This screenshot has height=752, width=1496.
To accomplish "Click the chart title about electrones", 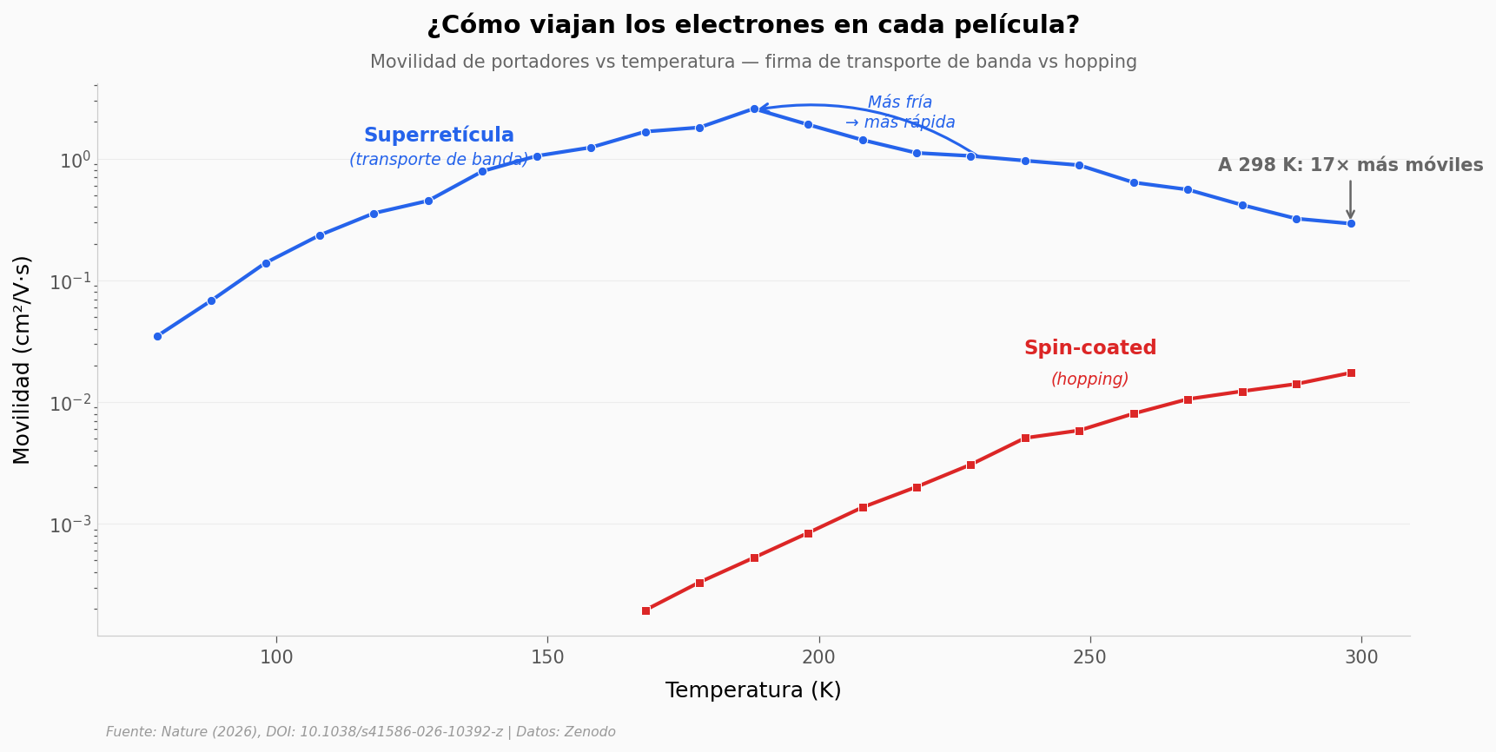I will pos(752,25).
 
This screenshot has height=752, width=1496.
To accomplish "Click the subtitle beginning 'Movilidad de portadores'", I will pos(752,63).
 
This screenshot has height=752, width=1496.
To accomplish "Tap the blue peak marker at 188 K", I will pos(754,109).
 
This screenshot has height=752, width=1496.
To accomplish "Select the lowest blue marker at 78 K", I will pos(157,336).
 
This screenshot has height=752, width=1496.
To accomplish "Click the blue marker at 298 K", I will pos(1350,223).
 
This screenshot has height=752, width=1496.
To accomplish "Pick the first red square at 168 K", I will pos(645,610).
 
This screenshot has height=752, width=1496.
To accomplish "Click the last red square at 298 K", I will pos(1350,373).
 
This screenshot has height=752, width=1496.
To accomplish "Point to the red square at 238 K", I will pos(1025,438).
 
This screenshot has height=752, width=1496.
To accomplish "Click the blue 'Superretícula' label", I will pos(439,136).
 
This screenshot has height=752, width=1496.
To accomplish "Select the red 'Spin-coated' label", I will pos(1089,348).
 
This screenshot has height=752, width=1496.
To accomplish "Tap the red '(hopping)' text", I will pos(1089,379).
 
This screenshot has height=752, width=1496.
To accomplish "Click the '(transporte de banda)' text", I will pos(439,160).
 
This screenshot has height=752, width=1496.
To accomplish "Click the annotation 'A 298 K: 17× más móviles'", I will pos(1350,166).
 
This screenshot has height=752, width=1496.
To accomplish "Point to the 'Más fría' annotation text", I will pos(900,102).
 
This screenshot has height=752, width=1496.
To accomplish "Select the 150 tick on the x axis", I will pos(547,658).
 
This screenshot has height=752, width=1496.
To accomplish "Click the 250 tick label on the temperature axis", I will pos(1089,658).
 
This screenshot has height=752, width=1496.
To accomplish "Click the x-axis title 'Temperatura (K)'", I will pos(752,691).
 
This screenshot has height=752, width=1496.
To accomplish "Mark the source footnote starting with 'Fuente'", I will pos(361,732).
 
